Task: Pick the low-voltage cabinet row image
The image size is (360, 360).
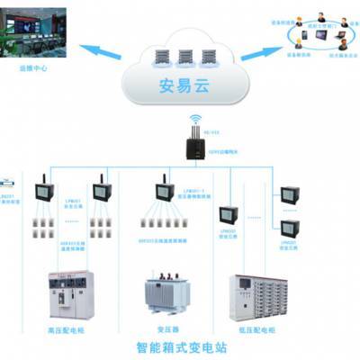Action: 262,292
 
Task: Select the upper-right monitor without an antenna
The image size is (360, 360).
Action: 290,194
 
